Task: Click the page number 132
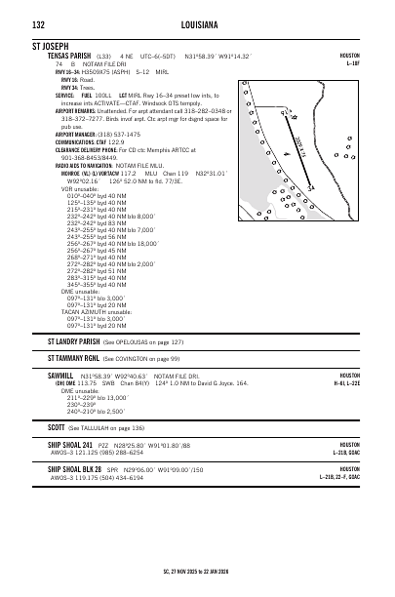(38, 23)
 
